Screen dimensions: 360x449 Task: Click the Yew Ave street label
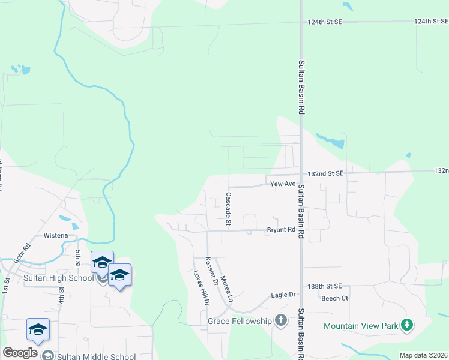(x=283, y=184)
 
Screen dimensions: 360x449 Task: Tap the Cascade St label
(x=229, y=208)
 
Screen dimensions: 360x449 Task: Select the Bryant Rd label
(x=281, y=230)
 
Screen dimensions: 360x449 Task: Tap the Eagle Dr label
(x=283, y=295)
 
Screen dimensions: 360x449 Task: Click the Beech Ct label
(x=334, y=298)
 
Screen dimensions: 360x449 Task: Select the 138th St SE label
(x=324, y=287)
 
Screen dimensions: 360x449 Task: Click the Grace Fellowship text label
(x=240, y=321)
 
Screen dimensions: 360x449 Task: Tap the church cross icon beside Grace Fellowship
(x=280, y=320)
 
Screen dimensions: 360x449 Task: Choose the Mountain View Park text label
(x=361, y=326)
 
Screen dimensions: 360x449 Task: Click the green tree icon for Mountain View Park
(x=407, y=325)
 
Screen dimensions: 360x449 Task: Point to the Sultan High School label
(x=59, y=278)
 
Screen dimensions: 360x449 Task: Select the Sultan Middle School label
(x=96, y=356)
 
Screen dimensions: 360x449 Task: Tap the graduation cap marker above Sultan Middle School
(x=38, y=330)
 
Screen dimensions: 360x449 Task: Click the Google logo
(x=20, y=353)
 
